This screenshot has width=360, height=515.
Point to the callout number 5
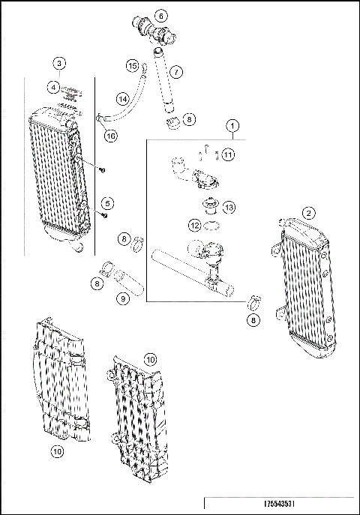(108, 202)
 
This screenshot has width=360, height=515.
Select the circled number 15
(132, 66)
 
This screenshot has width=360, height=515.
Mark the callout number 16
(110, 136)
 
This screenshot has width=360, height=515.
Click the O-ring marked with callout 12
(212, 225)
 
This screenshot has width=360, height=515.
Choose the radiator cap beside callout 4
(71, 93)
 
